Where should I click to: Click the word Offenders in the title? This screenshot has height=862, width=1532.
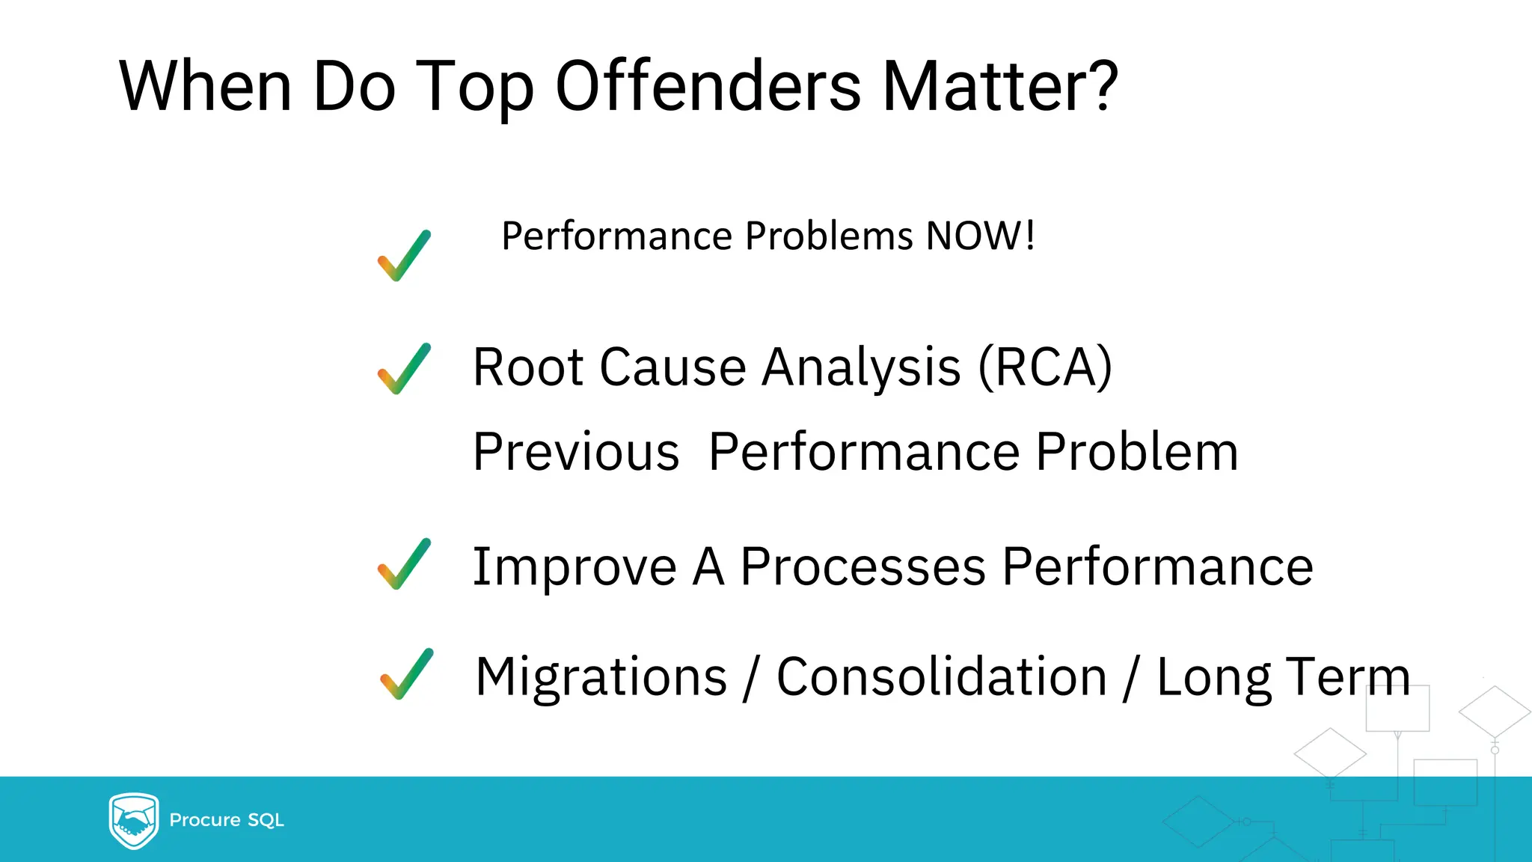point(708,87)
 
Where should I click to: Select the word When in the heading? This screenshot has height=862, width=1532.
point(205,87)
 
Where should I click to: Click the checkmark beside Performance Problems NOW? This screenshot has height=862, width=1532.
point(404,256)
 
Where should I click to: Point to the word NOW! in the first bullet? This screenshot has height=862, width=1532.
point(980,236)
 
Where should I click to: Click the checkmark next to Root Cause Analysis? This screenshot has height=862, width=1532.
point(404,369)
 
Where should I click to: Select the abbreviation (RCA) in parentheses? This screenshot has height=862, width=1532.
point(1045,367)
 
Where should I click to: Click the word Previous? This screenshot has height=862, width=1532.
point(576,452)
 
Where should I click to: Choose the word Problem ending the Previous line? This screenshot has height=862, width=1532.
point(1137,452)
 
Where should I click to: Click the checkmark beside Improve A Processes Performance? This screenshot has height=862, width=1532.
point(404,564)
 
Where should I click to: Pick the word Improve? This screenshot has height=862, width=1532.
point(574,567)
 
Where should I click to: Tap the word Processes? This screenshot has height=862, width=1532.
point(862,566)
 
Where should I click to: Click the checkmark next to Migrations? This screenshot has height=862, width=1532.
point(406,674)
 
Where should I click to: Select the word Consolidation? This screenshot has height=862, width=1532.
point(941,676)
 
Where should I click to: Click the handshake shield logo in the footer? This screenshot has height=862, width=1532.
point(134,820)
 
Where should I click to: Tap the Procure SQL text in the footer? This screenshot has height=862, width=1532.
point(227,820)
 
